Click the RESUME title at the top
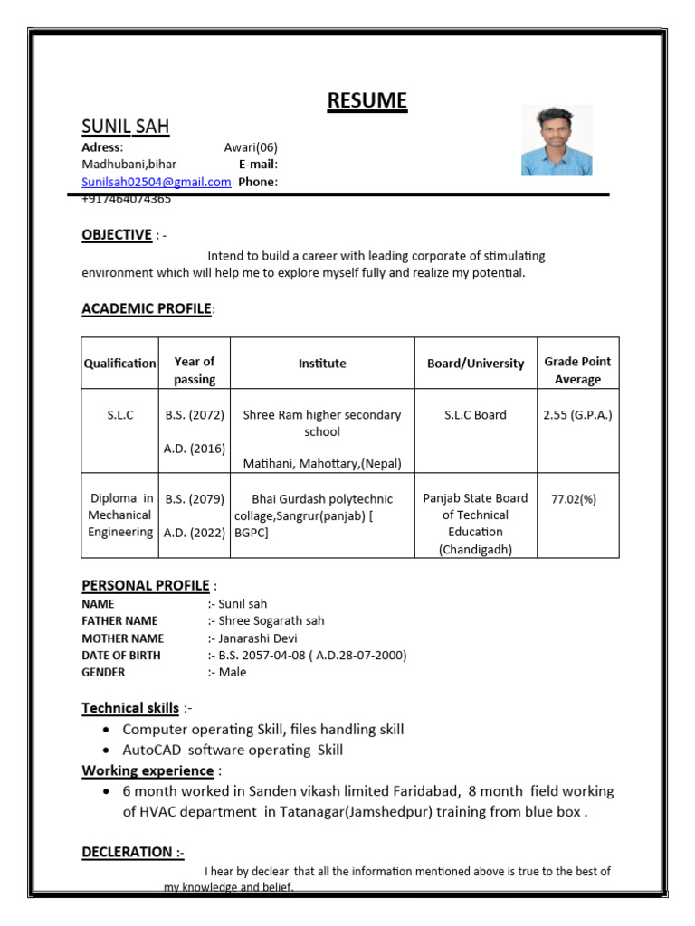tap(367, 100)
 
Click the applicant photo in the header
tap(557, 140)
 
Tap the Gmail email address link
tap(157, 182)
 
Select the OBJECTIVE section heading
tap(117, 235)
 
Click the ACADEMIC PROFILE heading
tap(147, 309)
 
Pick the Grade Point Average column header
tap(577, 371)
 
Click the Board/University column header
tap(475, 364)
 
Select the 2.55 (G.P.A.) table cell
tap(577, 415)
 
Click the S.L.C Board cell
tap(475, 415)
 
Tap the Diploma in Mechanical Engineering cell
tap(121, 515)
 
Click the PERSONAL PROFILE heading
tap(146, 585)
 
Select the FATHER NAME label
tap(119, 621)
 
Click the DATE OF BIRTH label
tap(121, 656)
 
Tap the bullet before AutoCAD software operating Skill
tap(109, 751)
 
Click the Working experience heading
tap(148, 770)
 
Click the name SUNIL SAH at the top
tap(126, 126)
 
